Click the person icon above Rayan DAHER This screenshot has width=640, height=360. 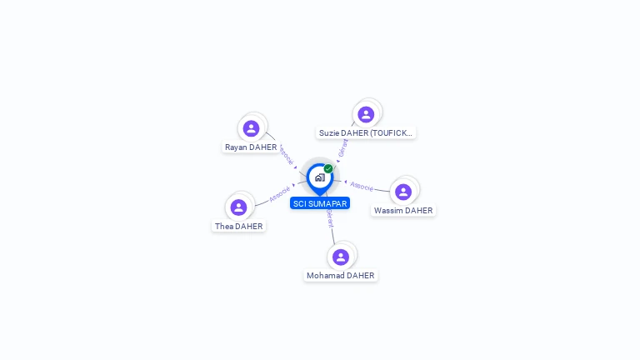pos(251,128)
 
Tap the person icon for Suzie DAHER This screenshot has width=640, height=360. pos(366,114)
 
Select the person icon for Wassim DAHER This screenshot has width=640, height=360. pos(403,192)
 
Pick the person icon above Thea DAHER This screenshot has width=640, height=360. pos(238,207)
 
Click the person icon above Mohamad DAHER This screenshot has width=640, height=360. pos(340,257)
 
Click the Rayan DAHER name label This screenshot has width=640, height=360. pos(251,147)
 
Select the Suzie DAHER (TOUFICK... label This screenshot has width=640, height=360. pos(366,133)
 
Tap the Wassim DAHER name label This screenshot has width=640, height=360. pos(403,211)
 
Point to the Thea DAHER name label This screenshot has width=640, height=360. pos(238,227)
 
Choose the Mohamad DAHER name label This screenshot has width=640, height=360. pos(340,276)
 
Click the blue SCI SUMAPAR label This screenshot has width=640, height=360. pos(320,203)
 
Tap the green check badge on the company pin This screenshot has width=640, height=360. pos(328,168)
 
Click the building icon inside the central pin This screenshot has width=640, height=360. pos(319,177)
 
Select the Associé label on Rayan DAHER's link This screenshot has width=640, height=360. pos(286,155)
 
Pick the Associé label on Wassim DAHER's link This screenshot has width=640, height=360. pos(362,186)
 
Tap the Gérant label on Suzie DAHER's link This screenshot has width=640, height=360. pos(342,147)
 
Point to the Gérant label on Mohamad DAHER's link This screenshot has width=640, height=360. pos(330,219)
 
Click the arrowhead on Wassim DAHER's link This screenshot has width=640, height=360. pos(345,182)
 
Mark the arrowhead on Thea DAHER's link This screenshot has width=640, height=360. pos(294,185)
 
